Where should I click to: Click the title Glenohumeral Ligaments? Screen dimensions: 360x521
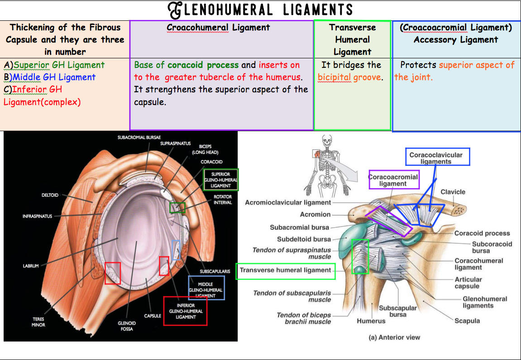[x=260, y=9]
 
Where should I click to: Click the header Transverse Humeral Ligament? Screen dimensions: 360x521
[x=352, y=39]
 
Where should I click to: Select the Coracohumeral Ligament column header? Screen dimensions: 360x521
[x=218, y=28]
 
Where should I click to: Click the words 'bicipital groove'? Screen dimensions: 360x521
[x=349, y=77]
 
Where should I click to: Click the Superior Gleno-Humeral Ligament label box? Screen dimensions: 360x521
[x=220, y=180]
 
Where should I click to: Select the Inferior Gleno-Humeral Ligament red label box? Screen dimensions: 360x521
[x=185, y=311]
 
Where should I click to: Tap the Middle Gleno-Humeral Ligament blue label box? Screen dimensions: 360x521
[x=206, y=288]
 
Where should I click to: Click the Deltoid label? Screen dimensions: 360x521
[x=50, y=195]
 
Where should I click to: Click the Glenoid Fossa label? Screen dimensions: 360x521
[x=126, y=326]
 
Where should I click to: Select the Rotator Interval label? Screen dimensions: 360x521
[x=223, y=199]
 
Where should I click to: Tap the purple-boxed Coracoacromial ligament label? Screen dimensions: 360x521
[x=393, y=180]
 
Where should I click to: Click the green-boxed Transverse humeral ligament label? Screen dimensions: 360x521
[x=285, y=270]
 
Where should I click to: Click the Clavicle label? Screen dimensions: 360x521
[x=453, y=192]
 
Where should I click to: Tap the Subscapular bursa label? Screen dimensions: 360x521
[x=398, y=311]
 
